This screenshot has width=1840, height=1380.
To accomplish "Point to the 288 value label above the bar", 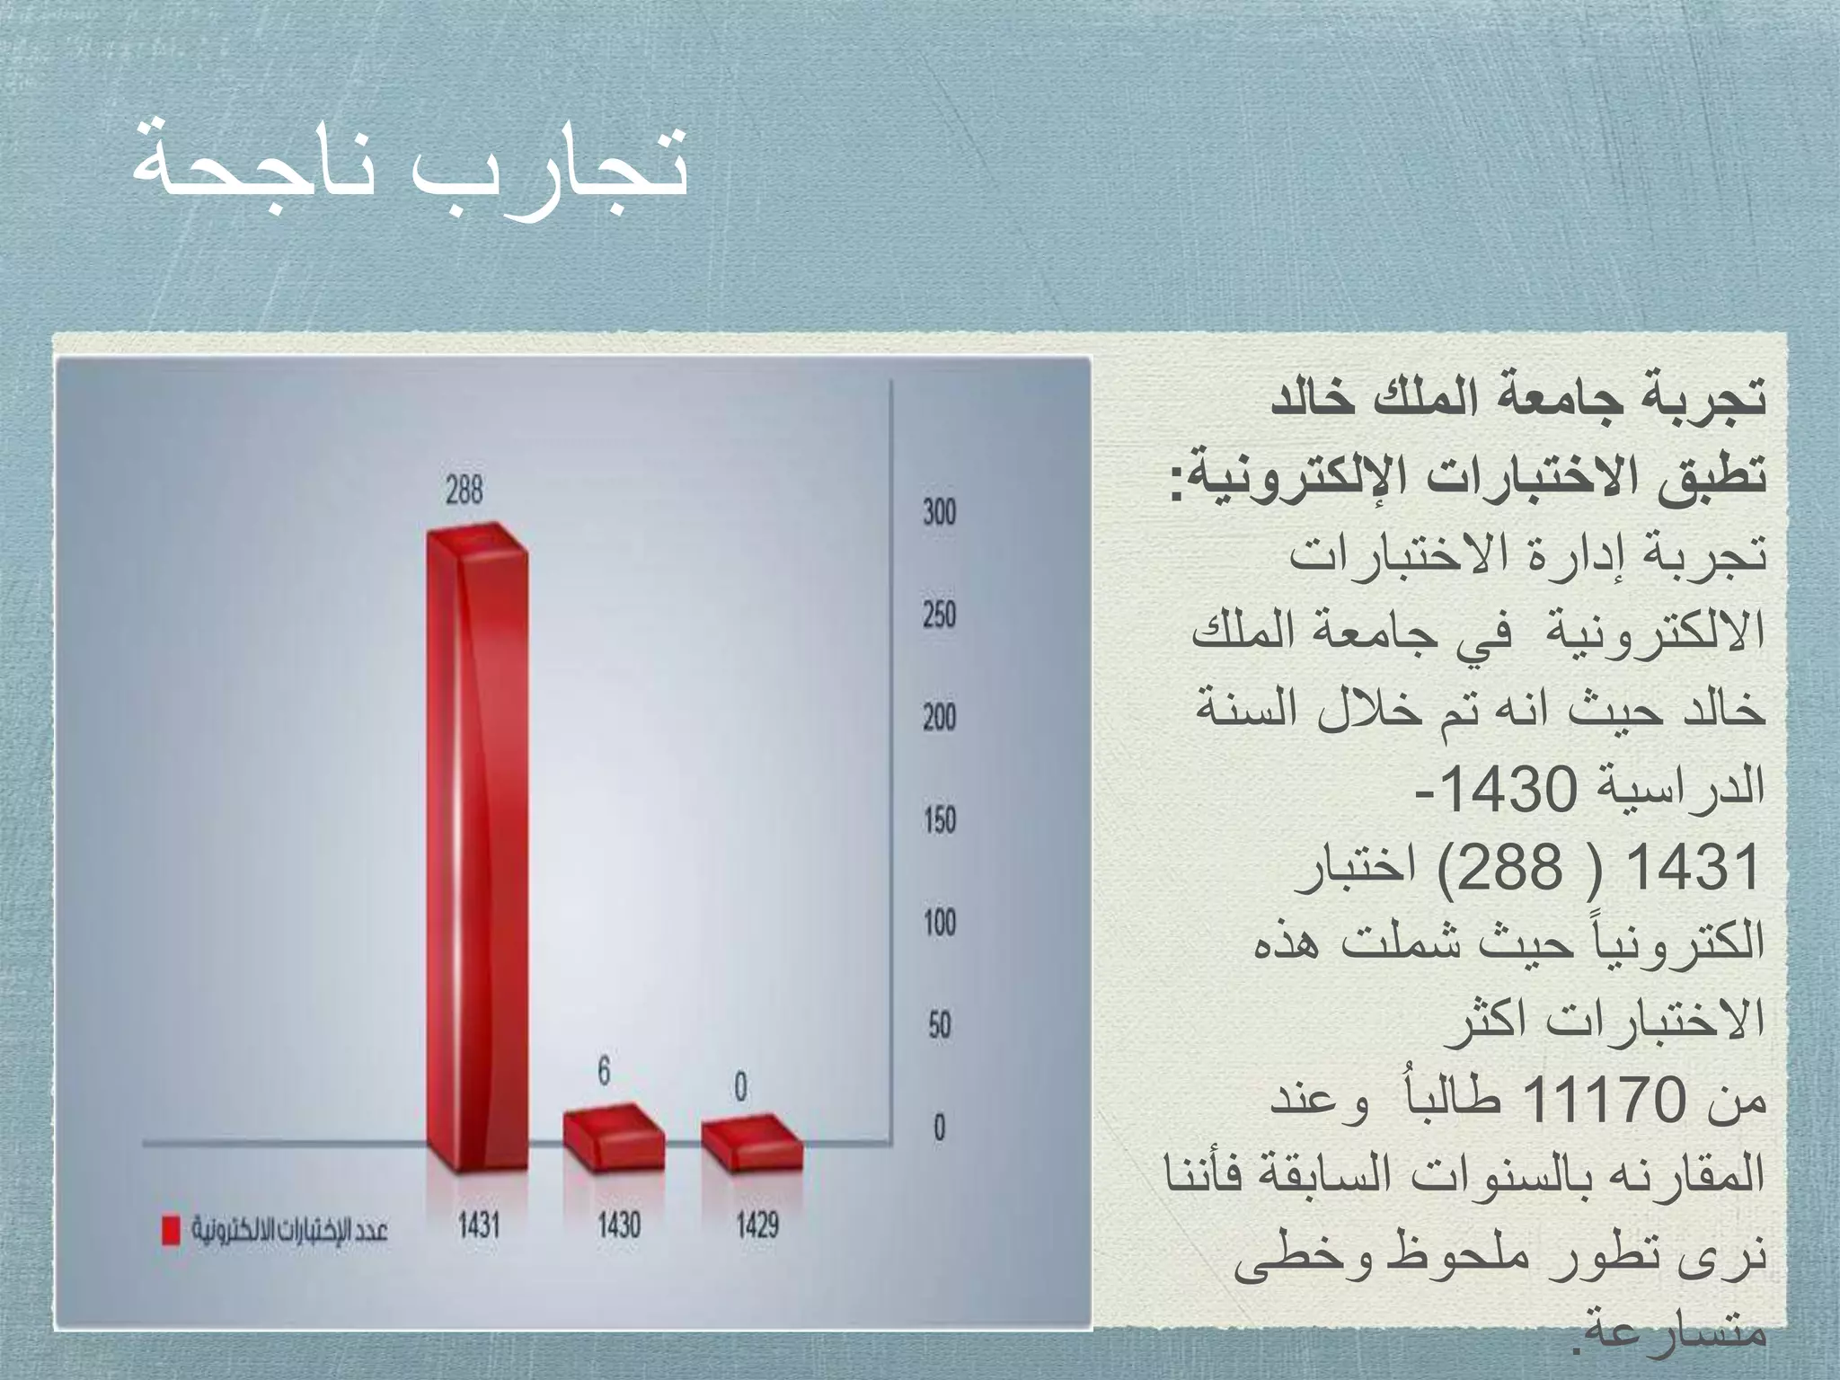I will tap(464, 490).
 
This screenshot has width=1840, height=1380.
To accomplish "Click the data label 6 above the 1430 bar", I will tap(604, 1070).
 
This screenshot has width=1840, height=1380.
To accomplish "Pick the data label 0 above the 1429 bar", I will tap(740, 1087).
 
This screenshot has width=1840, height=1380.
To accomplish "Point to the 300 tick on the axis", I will tap(939, 513).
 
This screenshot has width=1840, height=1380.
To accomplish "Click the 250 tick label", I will tap(939, 615).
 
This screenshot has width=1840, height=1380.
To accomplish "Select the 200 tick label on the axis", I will tap(939, 718).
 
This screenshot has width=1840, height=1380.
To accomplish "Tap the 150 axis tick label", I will tap(939, 820).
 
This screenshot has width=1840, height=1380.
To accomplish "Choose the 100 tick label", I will tap(939, 923).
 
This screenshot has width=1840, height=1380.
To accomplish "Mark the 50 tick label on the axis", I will tap(939, 1025).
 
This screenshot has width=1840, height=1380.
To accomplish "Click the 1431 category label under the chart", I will tap(479, 1225).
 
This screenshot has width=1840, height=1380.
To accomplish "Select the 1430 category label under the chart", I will tap(619, 1225).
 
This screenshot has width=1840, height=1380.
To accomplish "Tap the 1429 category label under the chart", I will tap(757, 1225).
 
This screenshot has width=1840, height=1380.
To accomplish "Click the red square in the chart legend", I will tap(170, 1231).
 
